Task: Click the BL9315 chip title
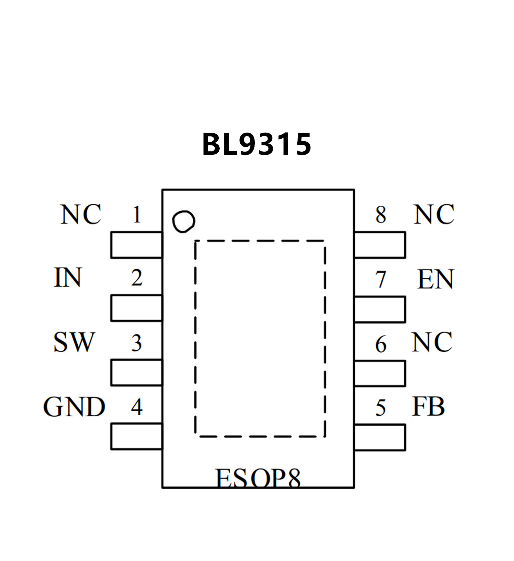pos(257,144)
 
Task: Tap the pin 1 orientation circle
pos(183,221)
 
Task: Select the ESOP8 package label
pos(258,478)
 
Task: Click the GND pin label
pos(74,407)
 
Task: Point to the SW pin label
pos(74,342)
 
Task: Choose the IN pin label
pos(68,278)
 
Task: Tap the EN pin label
pos(436,279)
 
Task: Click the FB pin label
pos(428,407)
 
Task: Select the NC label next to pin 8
pos(434,214)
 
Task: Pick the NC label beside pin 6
pos(432,342)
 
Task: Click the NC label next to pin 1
pos(81,214)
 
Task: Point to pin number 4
pos(137,407)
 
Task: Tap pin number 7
pos(381,279)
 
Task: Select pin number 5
pos(381,408)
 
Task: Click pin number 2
pos(137,278)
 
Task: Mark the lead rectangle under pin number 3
pos(137,372)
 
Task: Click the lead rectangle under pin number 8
pos(380,245)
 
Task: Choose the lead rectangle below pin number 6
pos(380,373)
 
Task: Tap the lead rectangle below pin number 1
pos(137,245)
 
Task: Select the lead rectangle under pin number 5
pos(380,437)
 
